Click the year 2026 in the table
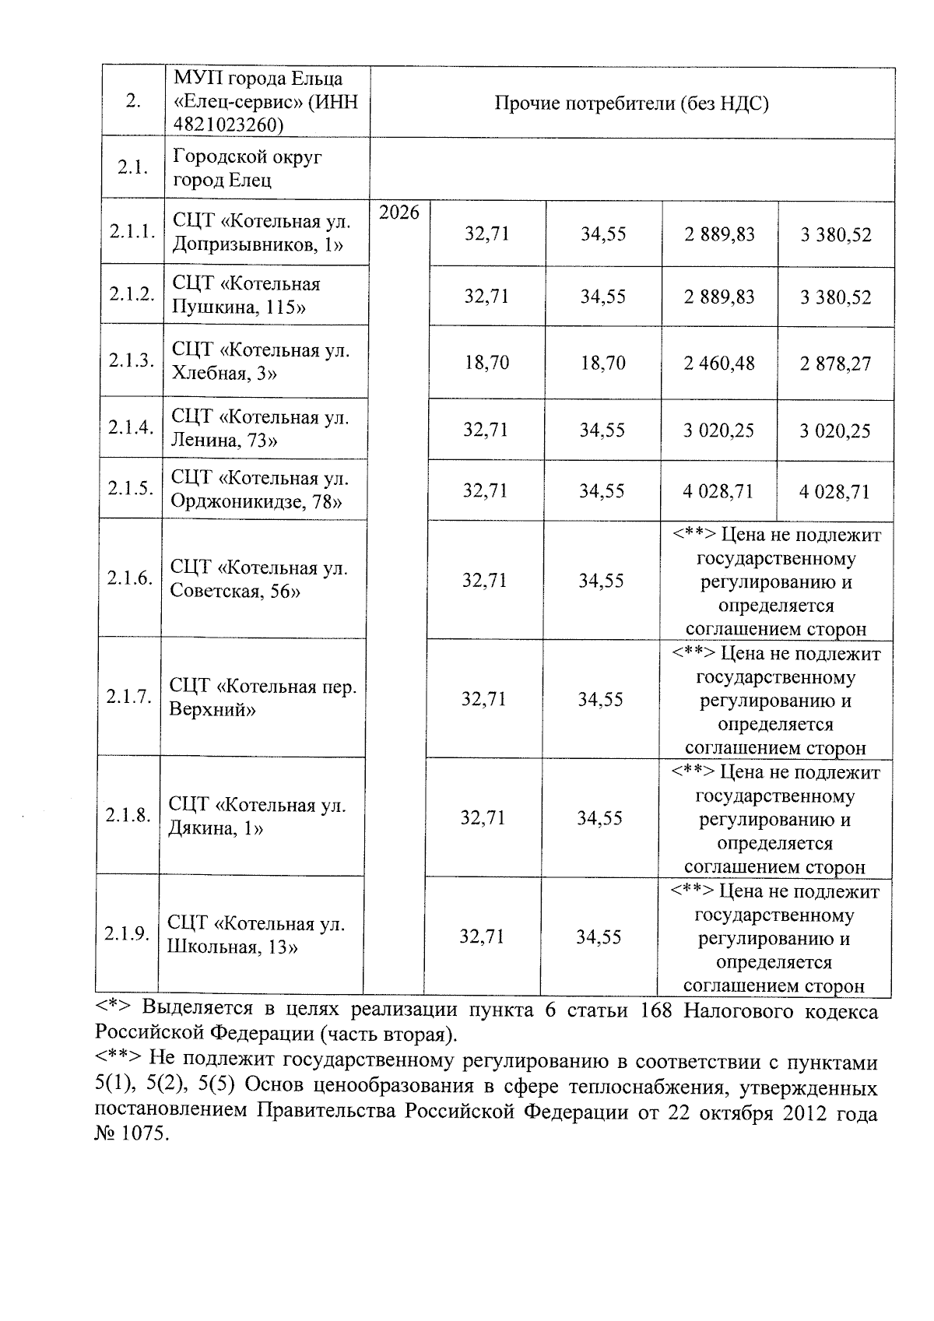[x=399, y=213]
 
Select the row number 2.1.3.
[x=132, y=361]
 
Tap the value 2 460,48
[x=719, y=364]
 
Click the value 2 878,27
[x=835, y=364]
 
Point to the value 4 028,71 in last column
[x=834, y=492]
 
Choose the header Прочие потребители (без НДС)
[x=631, y=104]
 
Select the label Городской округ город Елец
[x=247, y=168]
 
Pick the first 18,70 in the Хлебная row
[x=486, y=363]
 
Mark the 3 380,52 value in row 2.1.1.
[x=836, y=234]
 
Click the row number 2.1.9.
[x=127, y=935]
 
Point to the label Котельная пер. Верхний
[x=262, y=697]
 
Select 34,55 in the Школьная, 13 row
[x=599, y=937]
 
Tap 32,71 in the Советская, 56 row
[x=484, y=581]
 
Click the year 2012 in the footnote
[x=794, y=1113]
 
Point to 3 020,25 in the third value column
[x=718, y=430]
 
